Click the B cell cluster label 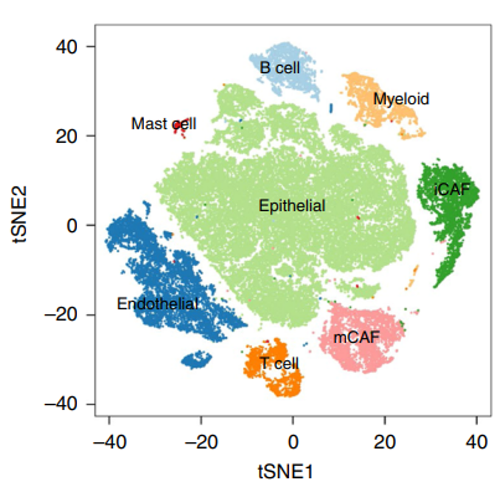point(280,68)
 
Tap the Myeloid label point(401,99)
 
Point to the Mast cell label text point(164,124)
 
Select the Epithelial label point(292,206)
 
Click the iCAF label point(452,190)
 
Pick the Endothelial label point(158,303)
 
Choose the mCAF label point(356,337)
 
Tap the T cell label point(279,364)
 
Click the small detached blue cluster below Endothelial point(196,359)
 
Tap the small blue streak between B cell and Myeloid point(331,108)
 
